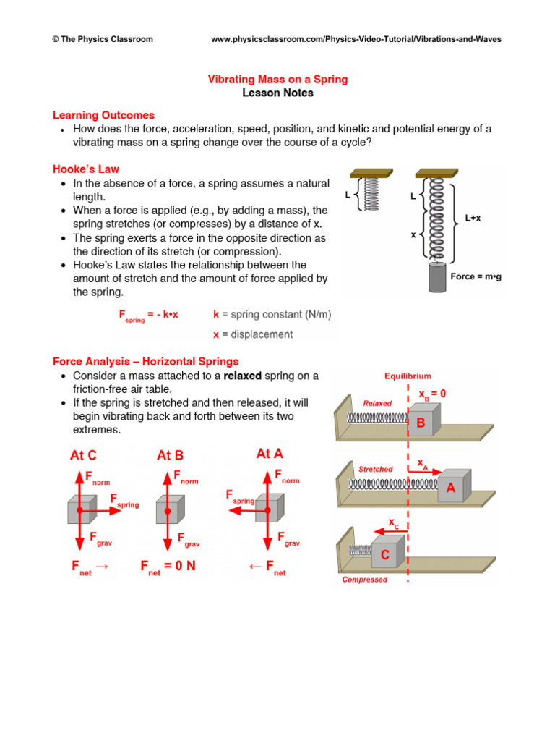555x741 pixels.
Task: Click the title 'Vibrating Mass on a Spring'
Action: [x=277, y=79]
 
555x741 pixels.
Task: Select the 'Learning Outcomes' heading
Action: [x=103, y=115]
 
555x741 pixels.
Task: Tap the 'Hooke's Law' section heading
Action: [x=86, y=169]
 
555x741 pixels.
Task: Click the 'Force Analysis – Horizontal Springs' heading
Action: [x=145, y=361]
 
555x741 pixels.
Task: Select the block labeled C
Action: [x=385, y=555]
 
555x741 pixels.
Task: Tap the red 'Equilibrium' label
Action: [x=408, y=376]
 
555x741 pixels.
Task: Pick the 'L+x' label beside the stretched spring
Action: [x=473, y=218]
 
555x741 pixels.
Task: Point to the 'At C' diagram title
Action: [x=83, y=455]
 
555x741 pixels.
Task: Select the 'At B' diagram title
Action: [x=170, y=455]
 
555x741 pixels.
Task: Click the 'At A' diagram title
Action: [x=270, y=454]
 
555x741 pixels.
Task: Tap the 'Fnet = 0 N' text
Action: [x=168, y=567]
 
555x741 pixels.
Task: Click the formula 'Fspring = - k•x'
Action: [x=148, y=316]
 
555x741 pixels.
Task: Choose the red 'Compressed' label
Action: [x=364, y=580]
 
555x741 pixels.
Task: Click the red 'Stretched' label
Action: [x=376, y=469]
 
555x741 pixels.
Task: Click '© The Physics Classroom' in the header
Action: [x=103, y=39]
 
